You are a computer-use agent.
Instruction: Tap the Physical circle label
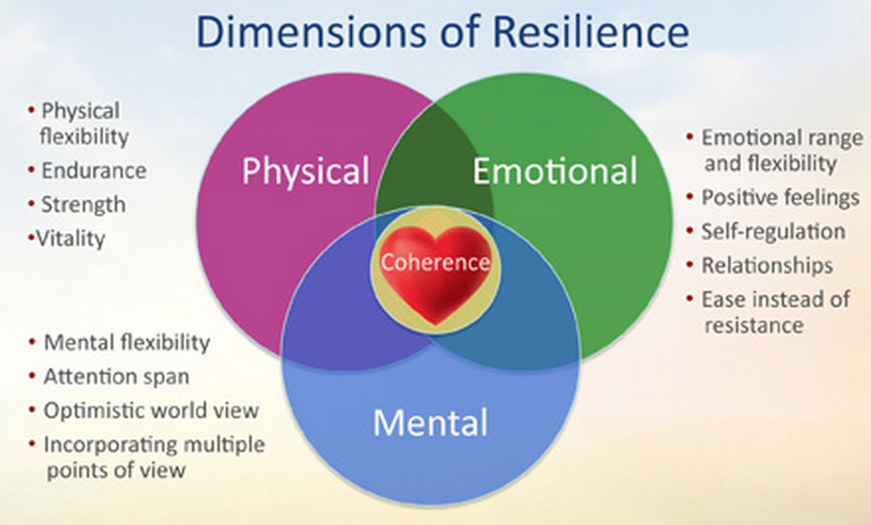[306, 170]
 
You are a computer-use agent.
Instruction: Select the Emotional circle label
[554, 171]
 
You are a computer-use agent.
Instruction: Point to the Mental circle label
[430, 424]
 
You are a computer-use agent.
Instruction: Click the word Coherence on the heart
[435, 262]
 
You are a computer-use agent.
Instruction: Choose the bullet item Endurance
[93, 170]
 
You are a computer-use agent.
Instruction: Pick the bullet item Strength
[83, 204]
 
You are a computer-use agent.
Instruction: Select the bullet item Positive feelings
[780, 198]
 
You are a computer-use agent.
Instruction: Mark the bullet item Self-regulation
[773, 232]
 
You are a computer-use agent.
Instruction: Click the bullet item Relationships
[766, 265]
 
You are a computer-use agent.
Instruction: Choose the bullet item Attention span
[116, 376]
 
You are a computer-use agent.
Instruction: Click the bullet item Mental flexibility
[127, 343]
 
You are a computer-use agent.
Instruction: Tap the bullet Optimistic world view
[150, 410]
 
